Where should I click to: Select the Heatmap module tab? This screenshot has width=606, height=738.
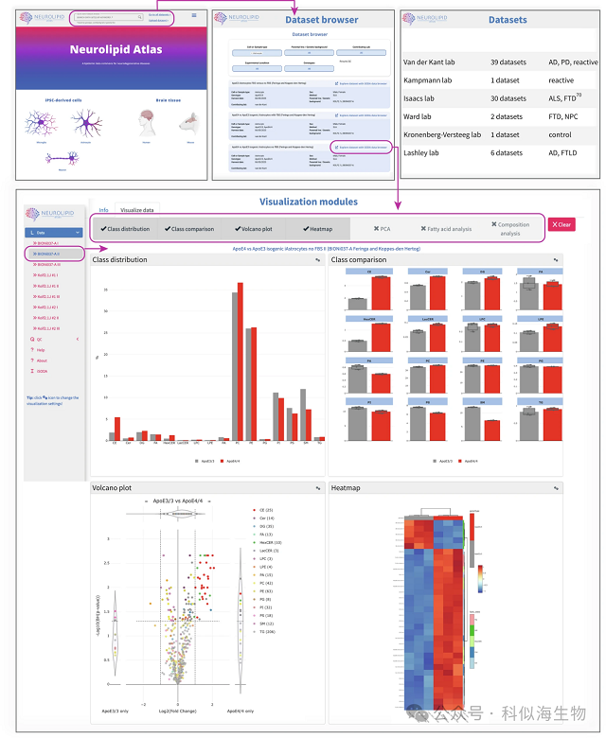[315, 228]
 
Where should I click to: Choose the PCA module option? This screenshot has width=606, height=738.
[382, 228]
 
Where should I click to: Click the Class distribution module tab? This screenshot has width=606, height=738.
[125, 228]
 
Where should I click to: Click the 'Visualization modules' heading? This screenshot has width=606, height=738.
[308, 201]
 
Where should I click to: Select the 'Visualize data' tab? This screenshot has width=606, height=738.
[137, 209]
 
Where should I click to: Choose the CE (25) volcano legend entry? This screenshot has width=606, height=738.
[266, 509]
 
